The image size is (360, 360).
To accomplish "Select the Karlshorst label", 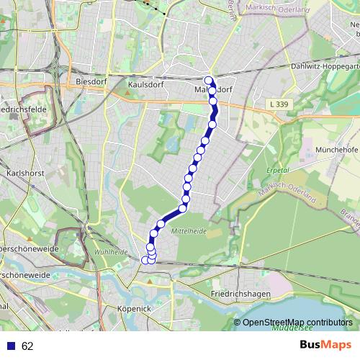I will tap(20, 174).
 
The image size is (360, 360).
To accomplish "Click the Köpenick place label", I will tap(132, 308).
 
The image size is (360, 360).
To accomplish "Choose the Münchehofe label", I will tap(332, 149).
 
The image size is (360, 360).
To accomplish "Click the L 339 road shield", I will tap(277, 105).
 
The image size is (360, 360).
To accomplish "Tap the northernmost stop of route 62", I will tap(209, 80).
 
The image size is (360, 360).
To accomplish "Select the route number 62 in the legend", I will tap(27, 346).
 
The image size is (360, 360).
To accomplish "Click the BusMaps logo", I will tap(325, 345).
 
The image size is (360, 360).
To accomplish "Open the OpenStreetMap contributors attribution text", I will tap(297, 322).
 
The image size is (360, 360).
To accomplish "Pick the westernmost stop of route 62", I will tap(145, 260).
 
